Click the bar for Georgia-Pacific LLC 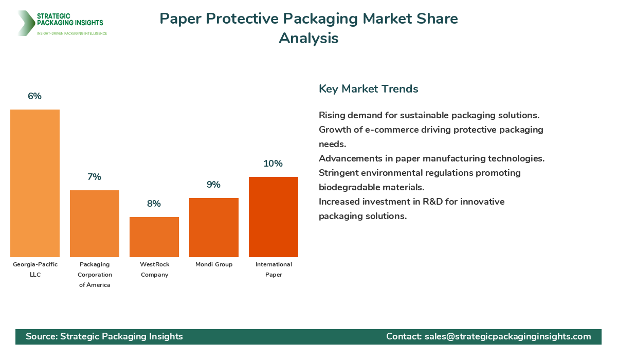(35, 183)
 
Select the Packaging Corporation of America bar (95, 224)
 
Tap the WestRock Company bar (154, 237)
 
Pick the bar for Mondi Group (214, 227)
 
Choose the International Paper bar (274, 217)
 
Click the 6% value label (34, 96)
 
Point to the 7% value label (94, 177)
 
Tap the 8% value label (154, 204)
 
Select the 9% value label (213, 185)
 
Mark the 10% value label (273, 164)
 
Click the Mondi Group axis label (214, 264)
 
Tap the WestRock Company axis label (154, 269)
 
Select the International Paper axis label (274, 269)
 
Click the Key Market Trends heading (368, 89)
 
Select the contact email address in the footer (508, 336)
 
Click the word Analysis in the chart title (308, 38)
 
